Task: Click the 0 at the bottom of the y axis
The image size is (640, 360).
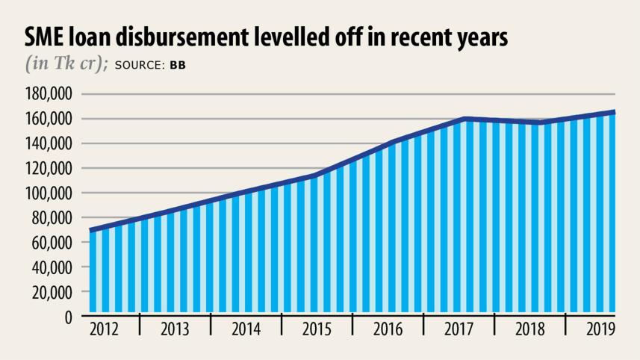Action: coord(67,317)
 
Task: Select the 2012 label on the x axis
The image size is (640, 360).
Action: coord(103,329)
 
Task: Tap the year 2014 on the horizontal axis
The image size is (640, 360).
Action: coord(246,329)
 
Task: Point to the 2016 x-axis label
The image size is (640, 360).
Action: coord(388,329)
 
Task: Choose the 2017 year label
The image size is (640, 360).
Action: coord(459,329)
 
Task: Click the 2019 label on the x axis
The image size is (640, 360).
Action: coord(600,329)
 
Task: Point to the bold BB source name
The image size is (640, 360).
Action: coord(178,65)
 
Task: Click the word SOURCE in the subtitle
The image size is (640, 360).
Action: coord(140,65)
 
